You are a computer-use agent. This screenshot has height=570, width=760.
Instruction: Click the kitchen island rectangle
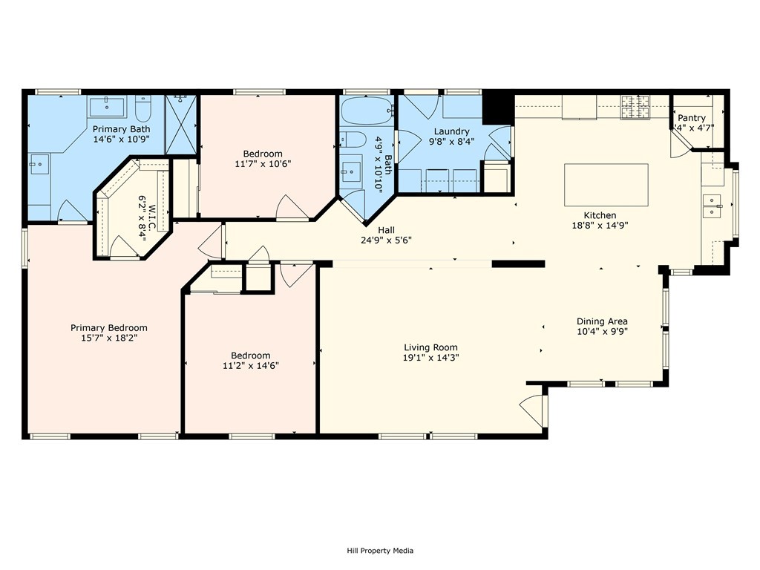click(x=606, y=185)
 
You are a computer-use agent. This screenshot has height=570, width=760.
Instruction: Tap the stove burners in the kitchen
click(x=635, y=107)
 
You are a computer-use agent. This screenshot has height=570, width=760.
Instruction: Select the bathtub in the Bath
click(x=367, y=111)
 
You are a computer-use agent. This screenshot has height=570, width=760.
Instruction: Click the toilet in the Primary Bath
click(x=143, y=108)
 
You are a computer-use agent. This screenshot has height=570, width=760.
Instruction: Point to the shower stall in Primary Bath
click(x=181, y=125)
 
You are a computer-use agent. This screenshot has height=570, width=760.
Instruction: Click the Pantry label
click(x=691, y=118)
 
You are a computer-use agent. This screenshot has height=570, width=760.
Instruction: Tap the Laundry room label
click(x=451, y=131)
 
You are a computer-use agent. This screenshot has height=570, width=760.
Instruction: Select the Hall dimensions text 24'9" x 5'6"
click(x=386, y=240)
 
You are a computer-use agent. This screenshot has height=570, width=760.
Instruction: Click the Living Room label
click(x=431, y=347)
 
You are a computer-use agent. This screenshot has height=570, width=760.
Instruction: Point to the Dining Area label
click(x=602, y=321)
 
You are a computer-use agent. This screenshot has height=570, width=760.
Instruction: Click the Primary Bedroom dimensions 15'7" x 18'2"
click(x=109, y=338)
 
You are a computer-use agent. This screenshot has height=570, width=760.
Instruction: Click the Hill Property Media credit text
click(x=380, y=550)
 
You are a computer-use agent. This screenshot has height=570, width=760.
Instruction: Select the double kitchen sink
click(x=712, y=206)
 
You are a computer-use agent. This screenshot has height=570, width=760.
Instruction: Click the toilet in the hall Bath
click(x=352, y=140)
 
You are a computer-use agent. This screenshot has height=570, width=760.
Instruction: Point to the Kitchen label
click(x=600, y=215)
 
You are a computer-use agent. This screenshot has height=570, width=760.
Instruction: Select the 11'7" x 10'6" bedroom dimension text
click(x=263, y=164)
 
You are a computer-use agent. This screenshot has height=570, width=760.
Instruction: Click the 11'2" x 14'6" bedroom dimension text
click(x=251, y=365)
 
